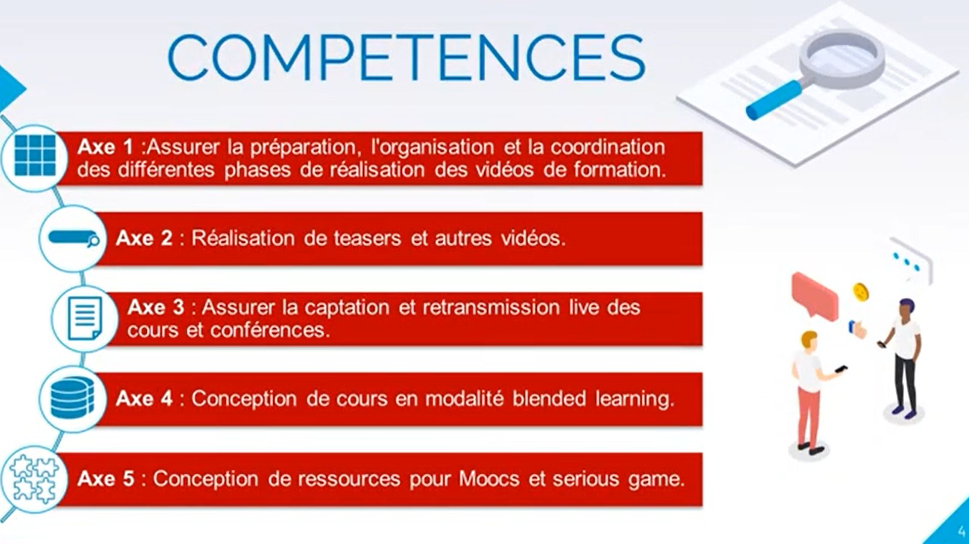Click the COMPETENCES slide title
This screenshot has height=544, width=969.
coord(406,57)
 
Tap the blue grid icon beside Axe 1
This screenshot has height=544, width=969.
coord(35,156)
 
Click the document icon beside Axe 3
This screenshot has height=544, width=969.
coord(85,318)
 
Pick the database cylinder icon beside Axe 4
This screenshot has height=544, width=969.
coord(72,398)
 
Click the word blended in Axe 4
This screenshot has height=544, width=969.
coord(549,398)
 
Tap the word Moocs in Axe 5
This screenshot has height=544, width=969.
coord(489,479)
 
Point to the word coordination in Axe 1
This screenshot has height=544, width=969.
coord(608,147)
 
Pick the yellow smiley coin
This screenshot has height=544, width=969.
coord(861,292)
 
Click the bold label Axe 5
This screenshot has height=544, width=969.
coord(106,479)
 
